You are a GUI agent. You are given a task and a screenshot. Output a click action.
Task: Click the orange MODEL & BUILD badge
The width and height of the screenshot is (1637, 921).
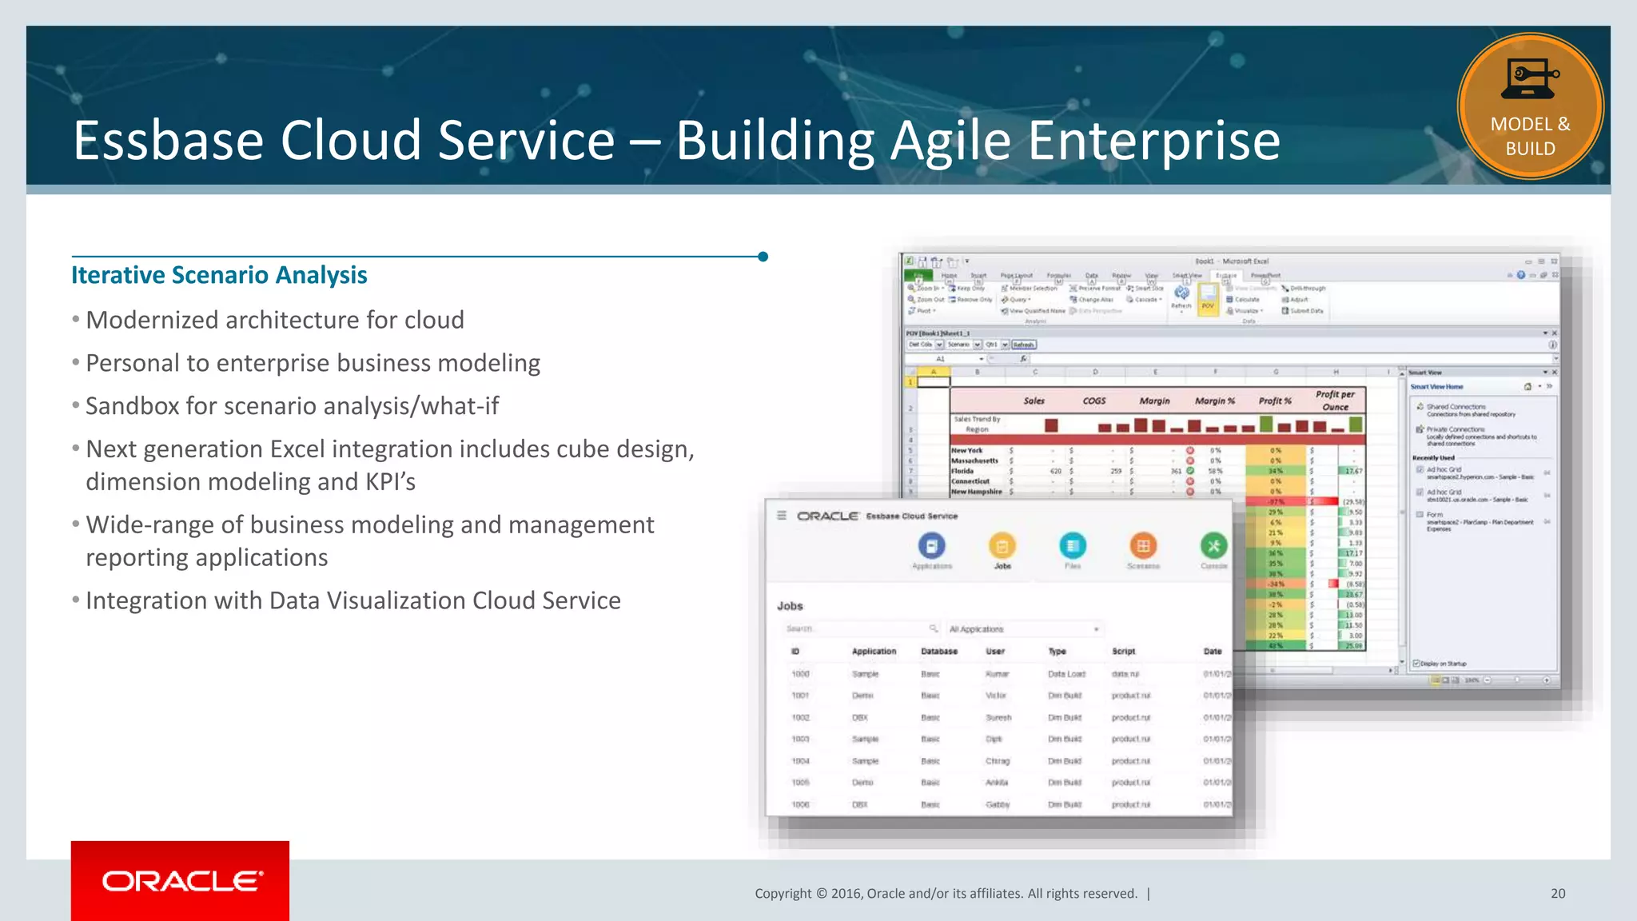coord(1530,106)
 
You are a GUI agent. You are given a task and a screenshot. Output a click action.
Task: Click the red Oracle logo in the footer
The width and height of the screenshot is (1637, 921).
coord(180,880)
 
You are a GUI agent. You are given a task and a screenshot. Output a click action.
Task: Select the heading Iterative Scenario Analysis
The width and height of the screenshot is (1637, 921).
coord(219,275)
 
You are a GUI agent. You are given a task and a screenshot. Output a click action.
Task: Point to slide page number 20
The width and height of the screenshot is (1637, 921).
coord(1557,894)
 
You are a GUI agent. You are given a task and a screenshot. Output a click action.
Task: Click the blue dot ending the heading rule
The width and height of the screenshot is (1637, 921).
coord(763,257)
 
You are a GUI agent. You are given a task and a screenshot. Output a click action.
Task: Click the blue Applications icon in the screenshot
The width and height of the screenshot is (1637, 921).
coord(931,546)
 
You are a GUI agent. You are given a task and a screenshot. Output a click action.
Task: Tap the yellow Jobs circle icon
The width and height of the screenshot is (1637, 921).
coord(1002,546)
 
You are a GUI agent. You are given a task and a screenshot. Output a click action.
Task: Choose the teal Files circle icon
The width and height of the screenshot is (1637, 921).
coord(1072,546)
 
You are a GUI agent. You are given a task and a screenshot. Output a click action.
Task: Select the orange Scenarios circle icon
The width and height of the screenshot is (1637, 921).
coord(1143,546)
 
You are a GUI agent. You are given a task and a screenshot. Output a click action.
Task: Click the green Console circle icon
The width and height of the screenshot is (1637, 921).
coord(1213,546)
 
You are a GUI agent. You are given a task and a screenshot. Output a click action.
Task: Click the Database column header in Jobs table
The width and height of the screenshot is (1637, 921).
coord(938,652)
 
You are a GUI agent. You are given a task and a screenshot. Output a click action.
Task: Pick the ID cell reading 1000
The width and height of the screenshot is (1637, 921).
coord(800,674)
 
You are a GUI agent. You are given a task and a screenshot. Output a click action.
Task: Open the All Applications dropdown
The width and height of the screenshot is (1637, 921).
coord(1023,629)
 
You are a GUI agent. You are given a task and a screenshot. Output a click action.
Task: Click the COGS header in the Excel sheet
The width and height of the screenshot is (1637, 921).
coord(1093,401)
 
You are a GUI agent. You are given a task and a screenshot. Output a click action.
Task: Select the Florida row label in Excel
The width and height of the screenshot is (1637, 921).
coord(962,471)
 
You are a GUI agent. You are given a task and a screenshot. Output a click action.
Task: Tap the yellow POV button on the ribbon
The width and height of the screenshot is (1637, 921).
coord(1208,300)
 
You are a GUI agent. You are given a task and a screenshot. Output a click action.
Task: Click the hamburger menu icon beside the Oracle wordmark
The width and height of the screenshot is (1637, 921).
coord(782,516)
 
